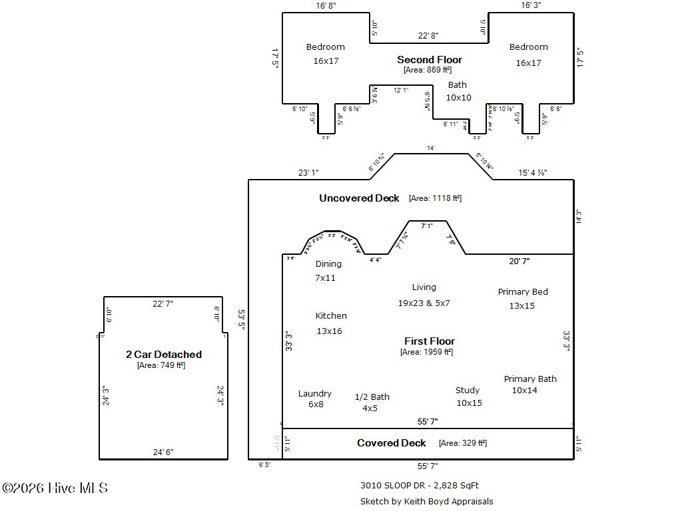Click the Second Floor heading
click(429, 60)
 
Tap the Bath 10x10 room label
click(458, 91)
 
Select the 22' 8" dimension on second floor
click(428, 35)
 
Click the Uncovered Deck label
click(359, 198)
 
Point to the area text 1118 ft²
click(435, 198)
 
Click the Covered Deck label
click(391, 443)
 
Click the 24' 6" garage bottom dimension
click(163, 452)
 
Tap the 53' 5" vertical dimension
click(241, 319)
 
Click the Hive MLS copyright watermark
click(55, 488)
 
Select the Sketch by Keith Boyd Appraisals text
click(426, 502)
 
